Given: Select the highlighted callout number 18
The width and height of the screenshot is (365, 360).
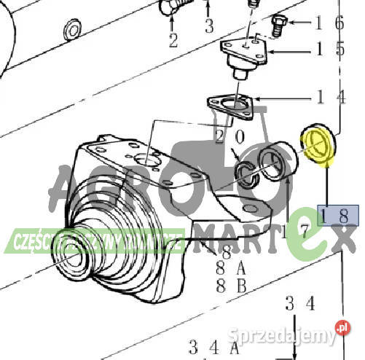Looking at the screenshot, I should (x=338, y=214).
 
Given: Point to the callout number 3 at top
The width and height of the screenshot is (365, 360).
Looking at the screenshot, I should (x=208, y=28).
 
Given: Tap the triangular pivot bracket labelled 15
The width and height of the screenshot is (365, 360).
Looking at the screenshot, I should (x=246, y=55).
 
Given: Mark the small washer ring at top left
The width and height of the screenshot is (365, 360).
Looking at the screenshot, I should (x=72, y=31).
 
